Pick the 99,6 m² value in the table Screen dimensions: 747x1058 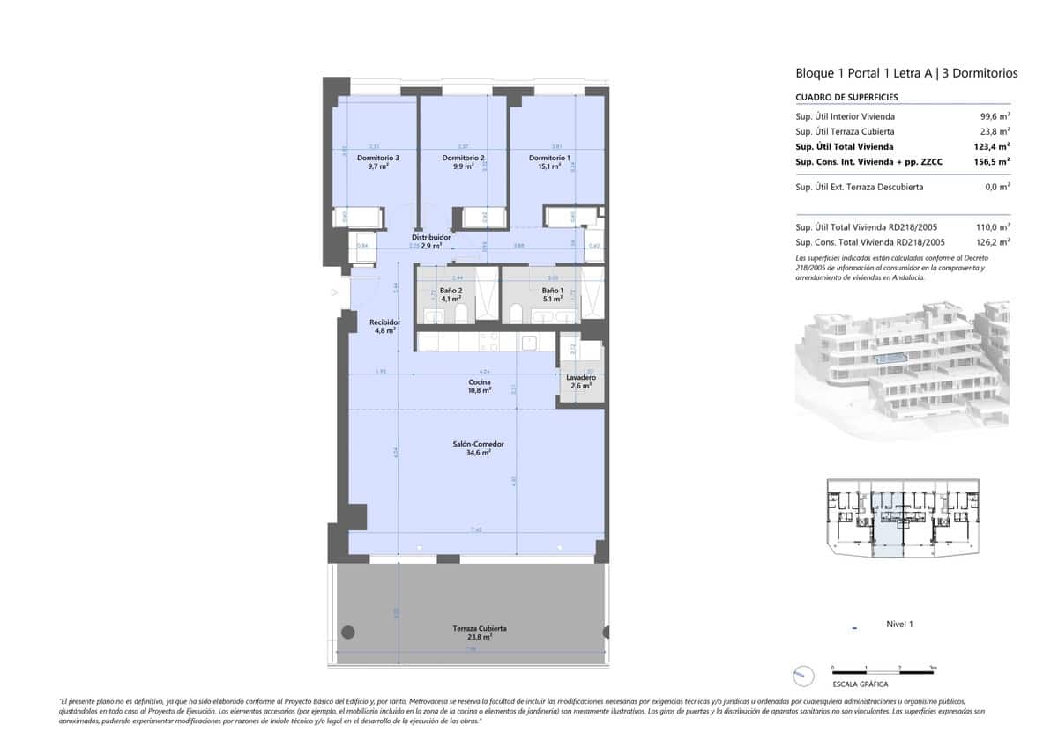995,116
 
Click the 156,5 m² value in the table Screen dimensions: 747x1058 994,162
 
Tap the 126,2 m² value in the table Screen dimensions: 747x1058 994,241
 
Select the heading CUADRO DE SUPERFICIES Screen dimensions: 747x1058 834,97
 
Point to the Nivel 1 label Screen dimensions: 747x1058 899,625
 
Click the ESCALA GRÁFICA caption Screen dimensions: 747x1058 860,684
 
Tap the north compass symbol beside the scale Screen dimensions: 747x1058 803,676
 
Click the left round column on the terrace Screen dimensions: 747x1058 348,632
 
